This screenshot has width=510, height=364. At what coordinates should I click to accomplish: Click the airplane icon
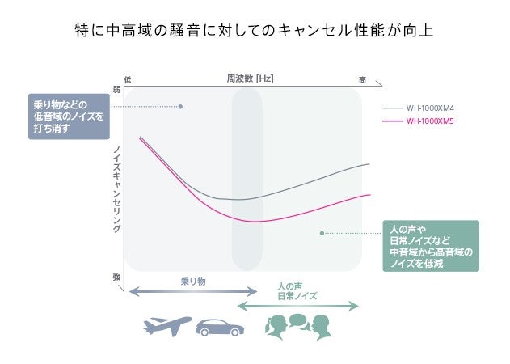coord(166,325)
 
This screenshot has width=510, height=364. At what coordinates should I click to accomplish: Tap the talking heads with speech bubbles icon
coord(298,325)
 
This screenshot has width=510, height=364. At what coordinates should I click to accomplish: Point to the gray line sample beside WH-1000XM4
coord(393,108)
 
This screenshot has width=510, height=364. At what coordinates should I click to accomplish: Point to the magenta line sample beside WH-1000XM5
coord(393,121)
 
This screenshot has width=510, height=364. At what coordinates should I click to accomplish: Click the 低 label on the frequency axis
coord(128,79)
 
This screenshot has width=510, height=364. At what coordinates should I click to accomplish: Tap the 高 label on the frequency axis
coord(362,79)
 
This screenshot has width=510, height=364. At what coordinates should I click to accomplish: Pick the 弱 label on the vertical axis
coord(116,90)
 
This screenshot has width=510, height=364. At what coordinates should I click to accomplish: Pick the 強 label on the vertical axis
coord(116,277)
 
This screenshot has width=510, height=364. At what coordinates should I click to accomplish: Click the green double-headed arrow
coord(297,306)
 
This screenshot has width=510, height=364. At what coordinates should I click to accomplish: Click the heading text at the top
coord(254,32)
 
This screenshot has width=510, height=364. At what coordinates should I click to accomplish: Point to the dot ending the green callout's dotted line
coord(322,233)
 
